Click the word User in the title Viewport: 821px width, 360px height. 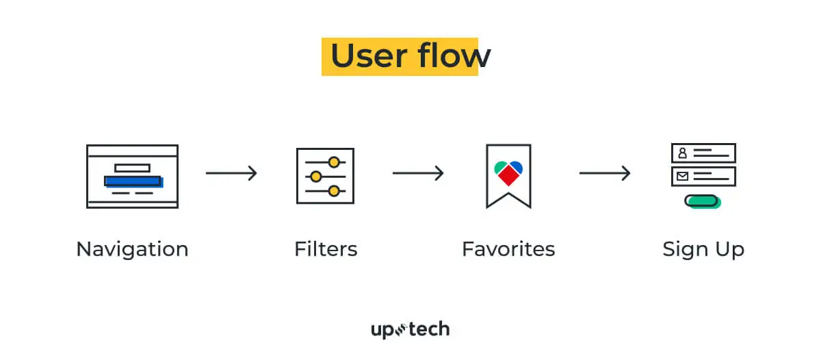point(370,56)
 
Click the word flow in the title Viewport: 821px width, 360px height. point(452,56)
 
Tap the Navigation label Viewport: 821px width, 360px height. point(132,248)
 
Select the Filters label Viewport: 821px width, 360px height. point(326,248)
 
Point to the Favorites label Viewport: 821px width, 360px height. point(508,248)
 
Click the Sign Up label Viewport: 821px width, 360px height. point(703,248)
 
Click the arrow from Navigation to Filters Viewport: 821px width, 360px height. point(231,173)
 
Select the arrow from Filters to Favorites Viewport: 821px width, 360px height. point(418,173)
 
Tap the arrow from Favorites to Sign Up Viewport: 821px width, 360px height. point(605,173)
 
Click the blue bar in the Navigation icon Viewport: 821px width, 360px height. point(133,181)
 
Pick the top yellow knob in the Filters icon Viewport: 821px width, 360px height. point(334,162)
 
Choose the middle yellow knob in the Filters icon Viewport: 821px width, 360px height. point(315,177)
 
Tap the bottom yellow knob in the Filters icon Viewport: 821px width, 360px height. point(334,191)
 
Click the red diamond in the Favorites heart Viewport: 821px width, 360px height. point(508,176)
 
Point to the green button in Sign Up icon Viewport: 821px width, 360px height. point(702,201)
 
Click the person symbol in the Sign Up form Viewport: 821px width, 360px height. point(682,153)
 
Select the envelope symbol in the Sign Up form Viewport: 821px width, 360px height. point(682,177)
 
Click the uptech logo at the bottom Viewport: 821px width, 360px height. point(410,330)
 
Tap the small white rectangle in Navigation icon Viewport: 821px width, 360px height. point(132,168)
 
